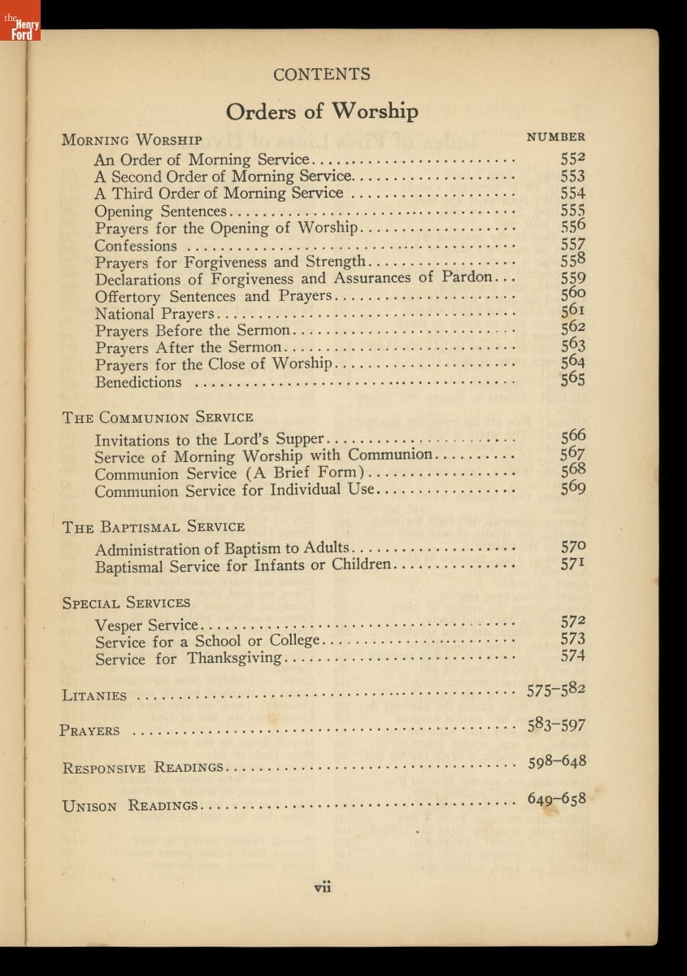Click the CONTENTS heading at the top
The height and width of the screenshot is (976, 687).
(x=322, y=75)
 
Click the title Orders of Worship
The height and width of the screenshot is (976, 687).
(x=322, y=111)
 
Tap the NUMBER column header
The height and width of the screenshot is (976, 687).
(x=556, y=137)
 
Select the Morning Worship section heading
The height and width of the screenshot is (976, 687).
(x=132, y=140)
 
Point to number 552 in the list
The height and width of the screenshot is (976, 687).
(x=573, y=159)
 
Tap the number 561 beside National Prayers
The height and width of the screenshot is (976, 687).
(x=573, y=312)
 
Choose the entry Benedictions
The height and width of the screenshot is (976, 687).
(x=138, y=382)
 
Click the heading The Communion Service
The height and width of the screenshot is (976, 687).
(x=158, y=417)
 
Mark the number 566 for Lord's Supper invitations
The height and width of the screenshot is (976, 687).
(x=573, y=437)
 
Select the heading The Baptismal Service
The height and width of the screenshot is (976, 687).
(x=154, y=527)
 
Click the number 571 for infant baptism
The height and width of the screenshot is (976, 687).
(x=573, y=564)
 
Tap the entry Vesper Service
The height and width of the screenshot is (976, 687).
(x=146, y=625)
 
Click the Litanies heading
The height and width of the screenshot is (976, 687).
(x=94, y=696)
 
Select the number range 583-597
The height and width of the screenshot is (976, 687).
(x=556, y=725)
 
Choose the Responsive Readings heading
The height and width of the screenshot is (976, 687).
(x=143, y=768)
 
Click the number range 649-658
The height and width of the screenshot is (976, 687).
(x=556, y=799)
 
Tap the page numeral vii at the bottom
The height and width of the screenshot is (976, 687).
(x=323, y=887)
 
